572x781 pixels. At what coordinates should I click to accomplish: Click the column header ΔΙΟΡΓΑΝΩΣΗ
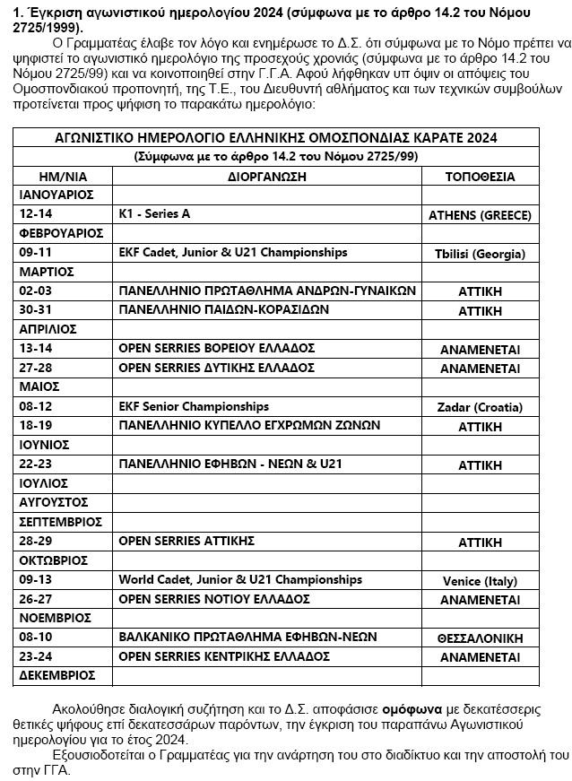pyautogui.click(x=267, y=176)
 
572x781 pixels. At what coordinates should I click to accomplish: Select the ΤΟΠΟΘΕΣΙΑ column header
pyautogui.click(x=480, y=176)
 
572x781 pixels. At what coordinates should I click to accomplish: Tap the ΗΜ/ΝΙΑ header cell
pyautogui.click(x=62, y=176)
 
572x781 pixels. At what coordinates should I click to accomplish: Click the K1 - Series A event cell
pyautogui.click(x=155, y=213)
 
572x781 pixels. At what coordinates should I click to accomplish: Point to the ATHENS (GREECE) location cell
pyautogui.click(x=480, y=215)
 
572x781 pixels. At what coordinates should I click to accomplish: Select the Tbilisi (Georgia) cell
pyautogui.click(x=480, y=254)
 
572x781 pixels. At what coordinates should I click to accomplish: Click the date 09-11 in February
pyautogui.click(x=36, y=252)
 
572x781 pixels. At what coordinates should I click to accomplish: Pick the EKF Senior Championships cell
pyautogui.click(x=194, y=406)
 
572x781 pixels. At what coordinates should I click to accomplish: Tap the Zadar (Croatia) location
pyautogui.click(x=480, y=408)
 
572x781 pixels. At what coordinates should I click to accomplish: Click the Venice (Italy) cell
pyautogui.click(x=480, y=581)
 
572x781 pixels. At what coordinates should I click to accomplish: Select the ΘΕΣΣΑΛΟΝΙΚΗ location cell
pyautogui.click(x=480, y=638)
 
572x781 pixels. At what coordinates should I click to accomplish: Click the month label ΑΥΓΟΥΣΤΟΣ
pyautogui.click(x=54, y=502)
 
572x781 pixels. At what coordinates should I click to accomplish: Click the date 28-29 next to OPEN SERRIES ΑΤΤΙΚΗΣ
pyautogui.click(x=36, y=541)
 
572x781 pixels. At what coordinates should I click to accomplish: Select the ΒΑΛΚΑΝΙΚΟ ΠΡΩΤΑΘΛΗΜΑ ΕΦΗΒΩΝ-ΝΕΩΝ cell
pyautogui.click(x=261, y=637)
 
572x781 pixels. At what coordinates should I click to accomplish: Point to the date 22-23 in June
pyautogui.click(x=36, y=464)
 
